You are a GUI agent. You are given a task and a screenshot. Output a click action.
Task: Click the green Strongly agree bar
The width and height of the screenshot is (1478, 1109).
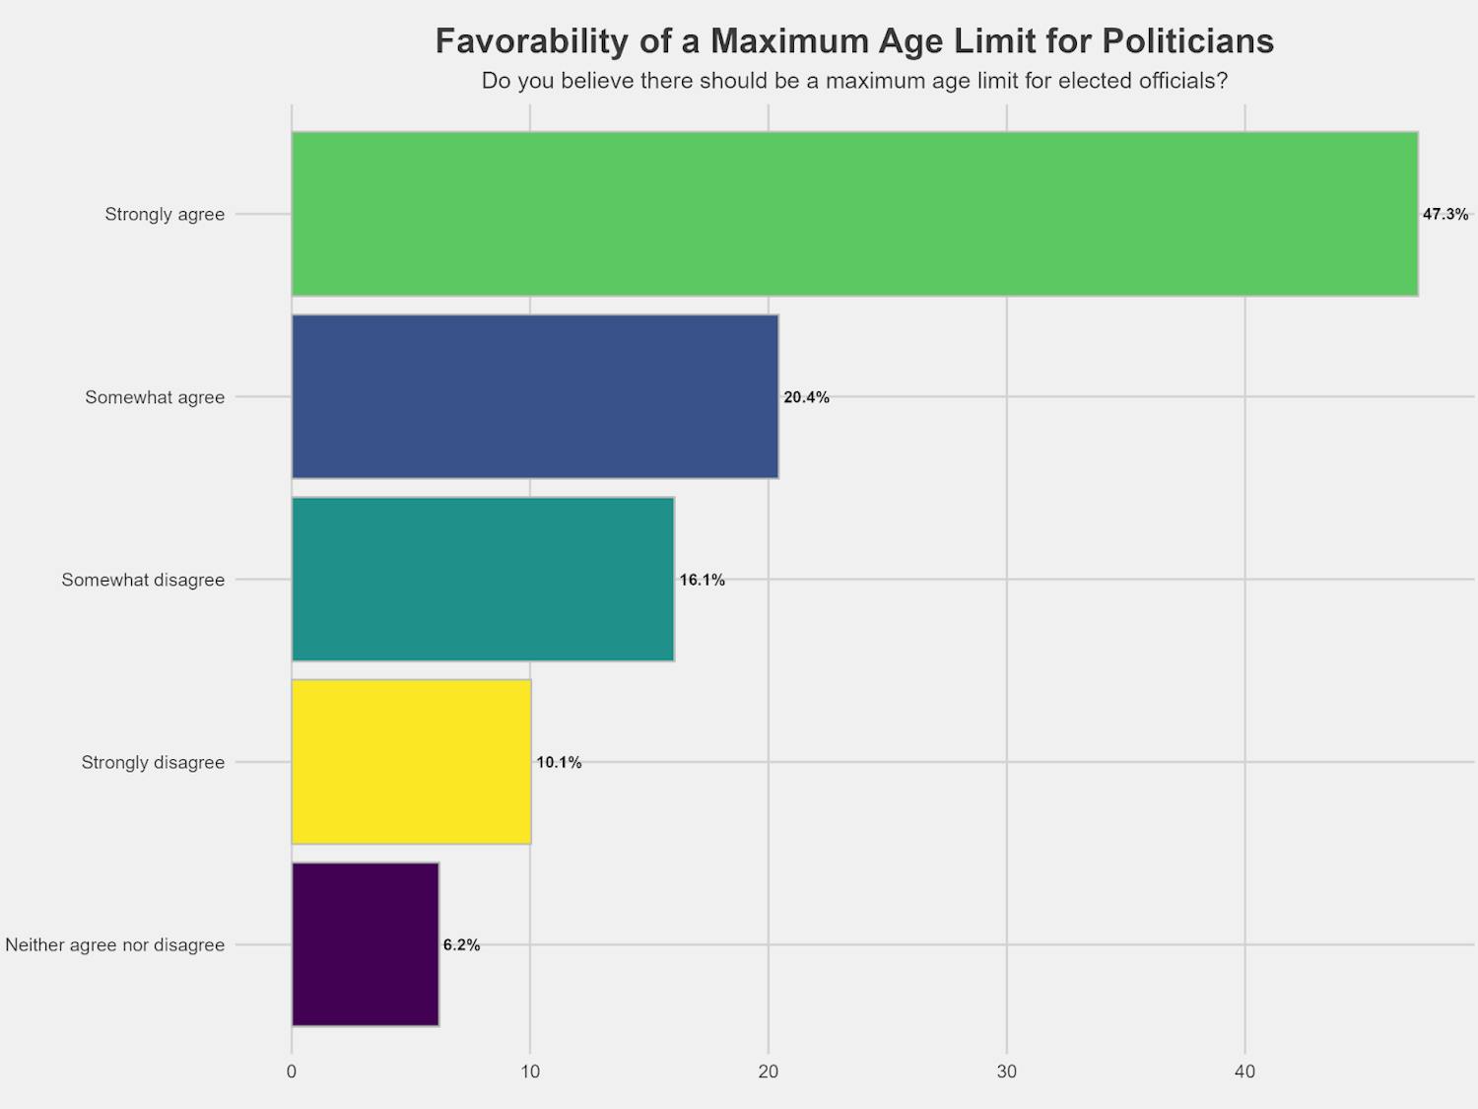(x=854, y=214)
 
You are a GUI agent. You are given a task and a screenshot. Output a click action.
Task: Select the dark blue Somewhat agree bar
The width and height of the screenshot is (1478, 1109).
(x=535, y=397)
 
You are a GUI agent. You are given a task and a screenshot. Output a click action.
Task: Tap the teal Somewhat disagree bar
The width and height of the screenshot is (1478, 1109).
(x=483, y=580)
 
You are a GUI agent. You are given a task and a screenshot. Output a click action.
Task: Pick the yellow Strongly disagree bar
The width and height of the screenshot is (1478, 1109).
(x=411, y=762)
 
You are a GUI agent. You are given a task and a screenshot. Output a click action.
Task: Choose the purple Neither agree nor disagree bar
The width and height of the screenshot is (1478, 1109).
(x=366, y=944)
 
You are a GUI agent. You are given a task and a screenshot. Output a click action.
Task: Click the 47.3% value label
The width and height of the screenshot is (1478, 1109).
(x=1444, y=214)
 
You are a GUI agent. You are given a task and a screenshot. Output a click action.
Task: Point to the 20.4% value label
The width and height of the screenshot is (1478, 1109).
(x=806, y=397)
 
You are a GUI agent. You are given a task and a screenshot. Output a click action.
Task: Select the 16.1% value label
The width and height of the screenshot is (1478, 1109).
(x=702, y=580)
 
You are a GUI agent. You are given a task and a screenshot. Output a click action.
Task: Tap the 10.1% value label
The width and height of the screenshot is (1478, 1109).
(x=559, y=762)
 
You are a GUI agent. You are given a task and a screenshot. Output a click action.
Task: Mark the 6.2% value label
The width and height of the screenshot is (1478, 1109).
(x=461, y=944)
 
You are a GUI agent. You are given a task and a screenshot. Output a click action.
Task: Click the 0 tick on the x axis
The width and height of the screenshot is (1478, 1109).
(x=292, y=1072)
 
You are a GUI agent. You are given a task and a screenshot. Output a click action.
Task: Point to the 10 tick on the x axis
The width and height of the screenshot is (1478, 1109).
(x=530, y=1072)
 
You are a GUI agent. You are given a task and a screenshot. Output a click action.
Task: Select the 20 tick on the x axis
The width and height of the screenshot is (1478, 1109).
(x=769, y=1072)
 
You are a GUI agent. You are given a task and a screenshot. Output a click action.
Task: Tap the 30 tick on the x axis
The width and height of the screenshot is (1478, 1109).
(x=1006, y=1072)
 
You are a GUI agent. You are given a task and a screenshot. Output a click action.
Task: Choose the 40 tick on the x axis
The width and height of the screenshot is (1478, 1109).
(x=1244, y=1072)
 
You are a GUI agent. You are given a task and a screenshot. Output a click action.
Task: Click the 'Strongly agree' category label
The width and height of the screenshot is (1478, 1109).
(x=165, y=214)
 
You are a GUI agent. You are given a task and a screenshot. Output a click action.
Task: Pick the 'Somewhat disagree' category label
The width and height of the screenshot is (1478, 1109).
(x=143, y=580)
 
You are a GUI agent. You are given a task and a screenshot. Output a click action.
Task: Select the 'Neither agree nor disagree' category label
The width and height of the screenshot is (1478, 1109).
(x=115, y=944)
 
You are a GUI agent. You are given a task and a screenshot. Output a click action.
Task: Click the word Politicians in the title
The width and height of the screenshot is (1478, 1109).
(x=1187, y=41)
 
